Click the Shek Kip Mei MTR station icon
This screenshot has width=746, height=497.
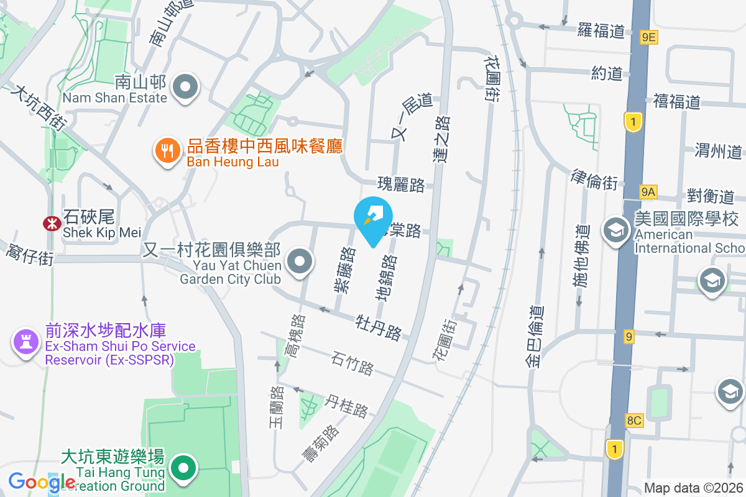click(50, 222)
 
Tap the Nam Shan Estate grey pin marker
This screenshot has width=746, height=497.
click(185, 87)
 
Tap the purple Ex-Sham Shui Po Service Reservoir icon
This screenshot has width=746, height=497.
click(25, 340)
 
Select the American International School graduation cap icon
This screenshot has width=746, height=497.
click(615, 230)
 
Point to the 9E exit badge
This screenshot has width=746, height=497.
click(648, 37)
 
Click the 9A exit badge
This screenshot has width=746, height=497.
click(648, 192)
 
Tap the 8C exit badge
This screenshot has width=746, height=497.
click(633, 421)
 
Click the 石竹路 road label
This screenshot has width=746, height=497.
click(352, 363)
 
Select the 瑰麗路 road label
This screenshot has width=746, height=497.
click(401, 185)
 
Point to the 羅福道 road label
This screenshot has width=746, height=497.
click(601, 30)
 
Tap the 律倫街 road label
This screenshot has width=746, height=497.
click(594, 179)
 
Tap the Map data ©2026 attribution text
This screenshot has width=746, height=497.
click(693, 488)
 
